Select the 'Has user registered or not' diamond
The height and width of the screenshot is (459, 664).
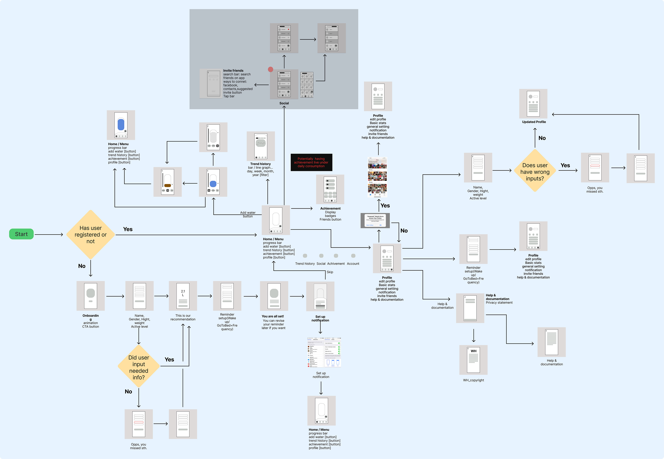[91, 235]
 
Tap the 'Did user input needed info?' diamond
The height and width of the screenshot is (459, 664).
[139, 367]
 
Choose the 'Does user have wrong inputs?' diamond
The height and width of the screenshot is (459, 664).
[535, 172]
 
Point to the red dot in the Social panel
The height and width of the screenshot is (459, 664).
[270, 69]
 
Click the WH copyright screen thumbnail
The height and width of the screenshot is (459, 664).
[473, 360]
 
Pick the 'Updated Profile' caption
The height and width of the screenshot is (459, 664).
[534, 122]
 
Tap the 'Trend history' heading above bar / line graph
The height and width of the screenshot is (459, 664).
[260, 164]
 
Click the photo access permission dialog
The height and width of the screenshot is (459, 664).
[375, 221]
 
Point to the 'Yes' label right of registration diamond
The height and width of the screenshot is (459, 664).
[128, 229]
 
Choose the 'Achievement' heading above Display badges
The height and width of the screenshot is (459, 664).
[330, 208]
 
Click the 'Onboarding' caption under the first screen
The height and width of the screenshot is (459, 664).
[91, 317]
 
